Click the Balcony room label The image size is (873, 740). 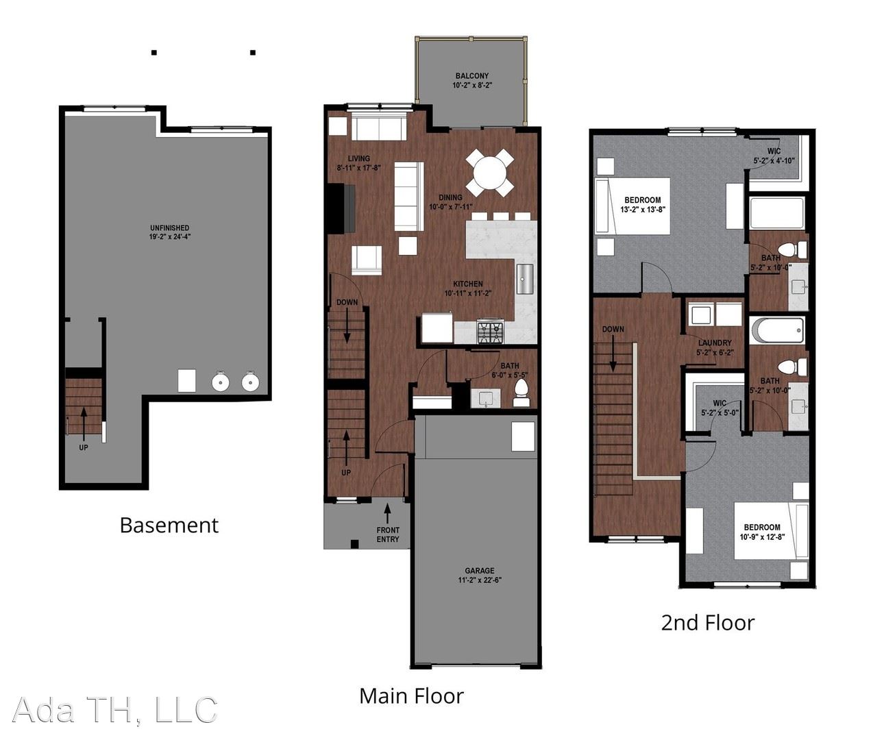pos(471,76)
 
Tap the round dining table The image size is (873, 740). pos(490,173)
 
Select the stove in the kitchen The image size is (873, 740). pos(491,332)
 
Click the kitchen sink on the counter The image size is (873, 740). pos(525,279)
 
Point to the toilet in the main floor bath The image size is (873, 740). pos(521,393)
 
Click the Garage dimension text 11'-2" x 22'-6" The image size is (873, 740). pos(480,580)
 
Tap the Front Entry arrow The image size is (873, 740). pos(387,514)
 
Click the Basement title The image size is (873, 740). pos(169,526)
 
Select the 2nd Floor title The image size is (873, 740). pos(707,623)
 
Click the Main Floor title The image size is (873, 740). pos(411,696)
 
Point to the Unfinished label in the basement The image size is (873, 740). pos(170,227)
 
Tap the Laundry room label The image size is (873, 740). pos(715,343)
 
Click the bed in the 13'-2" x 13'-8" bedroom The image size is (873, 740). pos(632,206)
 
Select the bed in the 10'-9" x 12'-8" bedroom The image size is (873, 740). pos(771,531)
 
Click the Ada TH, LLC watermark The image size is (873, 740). pos(115,709)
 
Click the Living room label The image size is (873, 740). pos(358,159)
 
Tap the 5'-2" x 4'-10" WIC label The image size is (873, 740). pos(774,156)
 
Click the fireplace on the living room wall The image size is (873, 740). pos(341,208)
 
